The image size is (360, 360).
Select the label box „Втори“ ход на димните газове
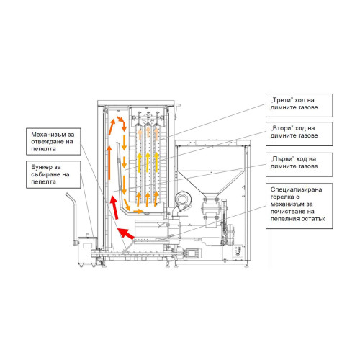click(x=300, y=134)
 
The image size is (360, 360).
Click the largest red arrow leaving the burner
click(x=126, y=233)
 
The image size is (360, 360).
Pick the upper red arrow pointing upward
click(x=114, y=207)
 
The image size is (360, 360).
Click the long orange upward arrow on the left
click(x=109, y=162)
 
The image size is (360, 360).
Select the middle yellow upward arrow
click(x=148, y=163)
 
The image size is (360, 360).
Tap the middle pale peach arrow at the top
click(x=148, y=132)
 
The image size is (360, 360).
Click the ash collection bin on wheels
click(x=87, y=251)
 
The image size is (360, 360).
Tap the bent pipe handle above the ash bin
click(x=73, y=218)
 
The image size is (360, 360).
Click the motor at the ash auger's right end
click(x=192, y=253)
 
